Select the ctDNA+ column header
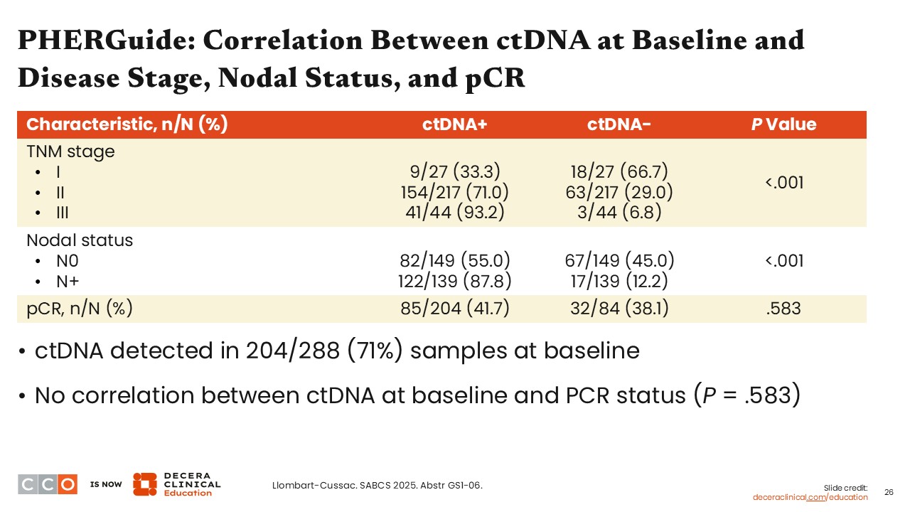(x=455, y=124)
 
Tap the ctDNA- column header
(x=619, y=124)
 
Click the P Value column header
(x=784, y=124)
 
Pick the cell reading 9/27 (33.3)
(x=455, y=171)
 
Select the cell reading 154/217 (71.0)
(x=455, y=192)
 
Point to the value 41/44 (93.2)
(x=455, y=213)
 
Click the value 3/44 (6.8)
(x=619, y=213)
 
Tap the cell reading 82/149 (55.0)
(x=455, y=260)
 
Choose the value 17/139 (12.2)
(x=619, y=281)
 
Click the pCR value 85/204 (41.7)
(x=455, y=309)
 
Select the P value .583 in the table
(x=784, y=309)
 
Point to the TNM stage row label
(x=70, y=151)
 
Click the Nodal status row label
(x=80, y=240)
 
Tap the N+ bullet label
(x=67, y=281)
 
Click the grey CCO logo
(x=47, y=484)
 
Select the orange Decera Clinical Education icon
(x=144, y=484)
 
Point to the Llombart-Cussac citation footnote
(x=378, y=486)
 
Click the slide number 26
(x=889, y=492)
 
